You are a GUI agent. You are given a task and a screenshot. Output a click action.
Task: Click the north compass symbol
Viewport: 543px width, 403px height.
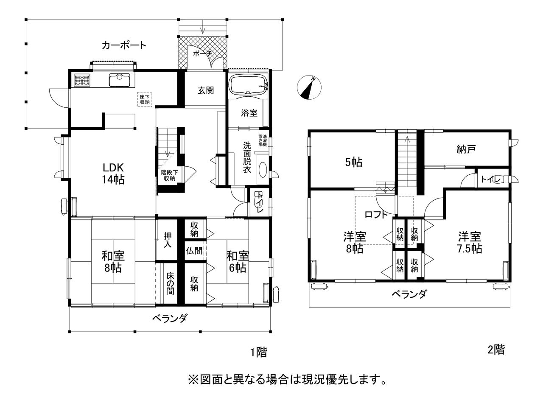pos(309,87)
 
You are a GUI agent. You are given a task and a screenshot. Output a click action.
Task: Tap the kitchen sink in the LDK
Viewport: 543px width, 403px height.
pos(120,80)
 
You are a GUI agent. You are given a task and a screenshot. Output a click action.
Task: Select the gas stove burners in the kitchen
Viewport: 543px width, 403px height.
pos(82,80)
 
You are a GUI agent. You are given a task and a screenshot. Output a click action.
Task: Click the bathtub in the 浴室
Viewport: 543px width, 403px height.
pos(249,85)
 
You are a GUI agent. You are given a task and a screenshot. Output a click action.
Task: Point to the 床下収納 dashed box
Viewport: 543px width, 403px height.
pos(144,99)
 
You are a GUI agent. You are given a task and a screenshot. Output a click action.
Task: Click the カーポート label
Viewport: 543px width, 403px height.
pos(124,45)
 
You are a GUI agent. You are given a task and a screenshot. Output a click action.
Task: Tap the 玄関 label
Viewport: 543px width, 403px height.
pos(206,90)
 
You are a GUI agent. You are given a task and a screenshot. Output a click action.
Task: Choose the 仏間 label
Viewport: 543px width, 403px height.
pos(194,250)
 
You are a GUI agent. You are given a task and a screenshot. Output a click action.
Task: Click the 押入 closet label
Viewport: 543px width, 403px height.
pos(168,240)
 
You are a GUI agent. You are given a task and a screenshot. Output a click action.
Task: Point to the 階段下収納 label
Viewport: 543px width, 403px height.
pos(169,175)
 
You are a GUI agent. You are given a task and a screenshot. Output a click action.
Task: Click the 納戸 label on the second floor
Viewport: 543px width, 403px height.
pos(466,149)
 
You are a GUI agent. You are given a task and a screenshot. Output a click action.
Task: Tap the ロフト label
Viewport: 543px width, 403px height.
pos(376,215)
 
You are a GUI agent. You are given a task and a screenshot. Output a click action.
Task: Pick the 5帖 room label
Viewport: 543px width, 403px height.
pos(354,162)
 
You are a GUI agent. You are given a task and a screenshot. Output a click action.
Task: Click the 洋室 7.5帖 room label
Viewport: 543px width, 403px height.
pos(470,242)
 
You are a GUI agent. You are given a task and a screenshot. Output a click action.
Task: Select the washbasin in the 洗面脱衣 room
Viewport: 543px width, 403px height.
pos(263,170)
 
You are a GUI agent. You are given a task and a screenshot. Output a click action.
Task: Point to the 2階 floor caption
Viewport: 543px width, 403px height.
pos(496,350)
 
